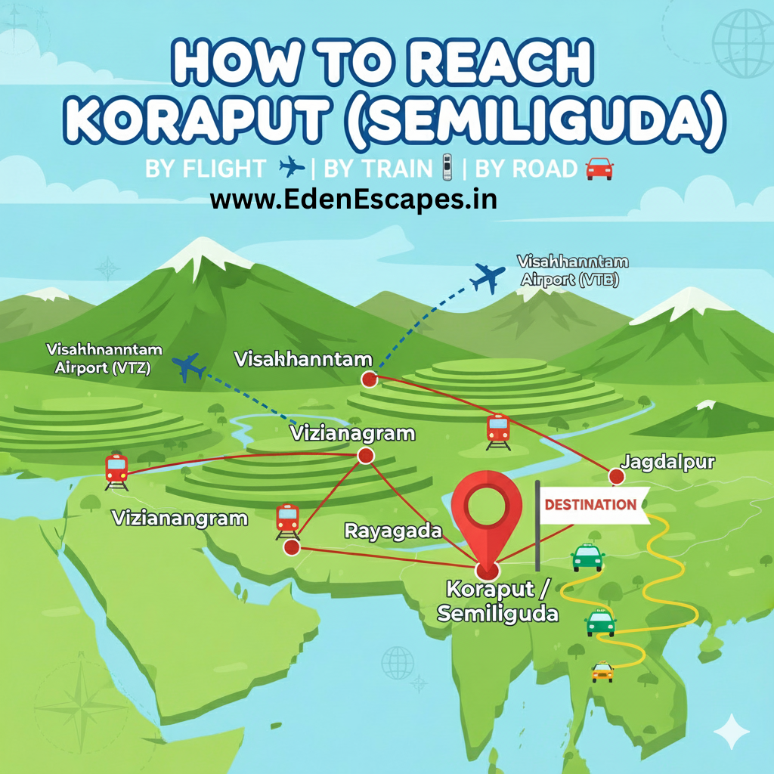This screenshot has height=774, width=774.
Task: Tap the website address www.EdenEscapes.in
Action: click(x=353, y=200)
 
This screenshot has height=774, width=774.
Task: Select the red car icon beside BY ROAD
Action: click(x=599, y=169)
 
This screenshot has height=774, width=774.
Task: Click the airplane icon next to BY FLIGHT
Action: click(x=292, y=168)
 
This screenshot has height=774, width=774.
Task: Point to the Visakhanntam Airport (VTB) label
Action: click(x=572, y=271)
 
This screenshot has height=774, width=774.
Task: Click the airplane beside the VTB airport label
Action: click(x=487, y=279)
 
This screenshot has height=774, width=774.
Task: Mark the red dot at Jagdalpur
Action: click(x=616, y=476)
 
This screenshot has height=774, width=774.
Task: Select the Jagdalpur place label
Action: click(x=667, y=463)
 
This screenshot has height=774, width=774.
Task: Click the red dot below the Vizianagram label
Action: click(x=366, y=455)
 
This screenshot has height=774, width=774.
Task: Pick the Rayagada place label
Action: click(x=393, y=531)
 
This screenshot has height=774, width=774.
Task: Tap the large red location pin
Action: click(x=487, y=514)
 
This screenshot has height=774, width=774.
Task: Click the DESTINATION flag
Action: click(x=591, y=505)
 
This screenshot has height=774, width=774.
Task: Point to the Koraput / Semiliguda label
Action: click(x=498, y=600)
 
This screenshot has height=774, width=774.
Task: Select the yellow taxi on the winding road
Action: click(x=602, y=670)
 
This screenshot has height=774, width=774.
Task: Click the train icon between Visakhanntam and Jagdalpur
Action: click(x=498, y=431)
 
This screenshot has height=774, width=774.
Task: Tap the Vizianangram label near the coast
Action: click(x=180, y=519)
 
